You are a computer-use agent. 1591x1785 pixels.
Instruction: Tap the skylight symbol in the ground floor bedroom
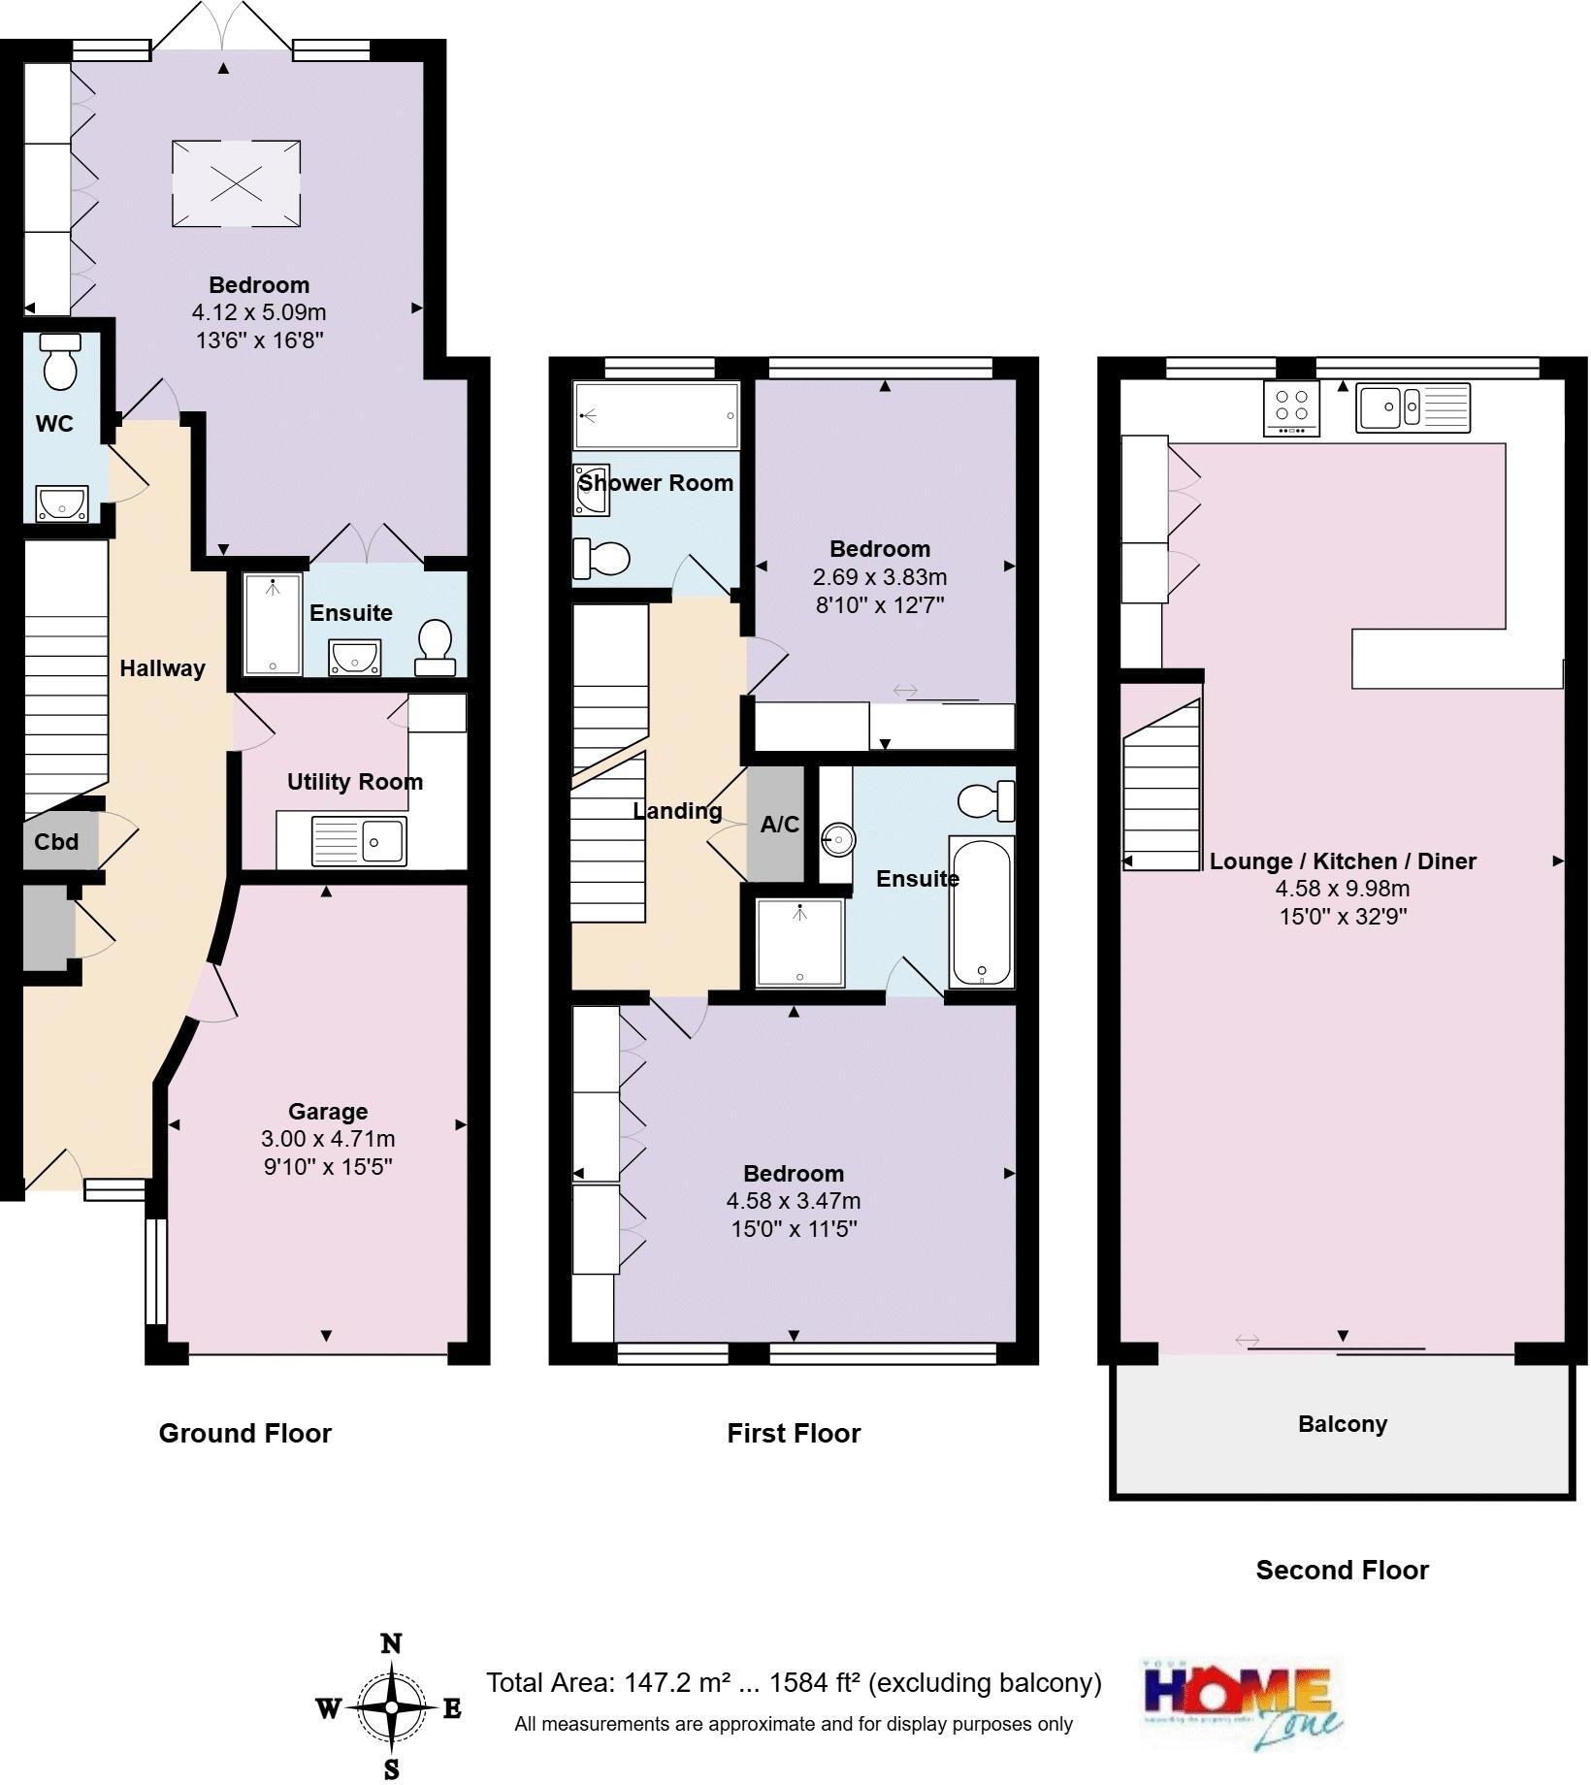[x=236, y=183]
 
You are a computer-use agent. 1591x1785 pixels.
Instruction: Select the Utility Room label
[x=354, y=782]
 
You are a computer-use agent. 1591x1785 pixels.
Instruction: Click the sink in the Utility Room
[x=359, y=840]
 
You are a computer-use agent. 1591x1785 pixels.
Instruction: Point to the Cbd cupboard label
[x=56, y=842]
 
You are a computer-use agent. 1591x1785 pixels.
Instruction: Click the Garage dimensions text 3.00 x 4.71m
[x=328, y=1139]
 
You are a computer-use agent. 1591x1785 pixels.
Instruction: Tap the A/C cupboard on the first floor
[x=778, y=825]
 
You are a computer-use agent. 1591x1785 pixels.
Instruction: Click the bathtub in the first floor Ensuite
[x=982, y=912]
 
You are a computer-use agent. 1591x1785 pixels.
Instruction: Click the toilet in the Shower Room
[x=603, y=558]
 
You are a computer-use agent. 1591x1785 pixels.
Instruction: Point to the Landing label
[x=677, y=811]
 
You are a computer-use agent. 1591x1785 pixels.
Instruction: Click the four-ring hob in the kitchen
[x=1292, y=408]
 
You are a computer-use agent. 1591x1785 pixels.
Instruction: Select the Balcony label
[x=1343, y=1424]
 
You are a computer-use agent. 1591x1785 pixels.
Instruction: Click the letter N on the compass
[x=391, y=1643]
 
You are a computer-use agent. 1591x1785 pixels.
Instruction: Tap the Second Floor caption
[x=1342, y=1571]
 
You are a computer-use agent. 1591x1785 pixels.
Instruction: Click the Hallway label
[x=162, y=668]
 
